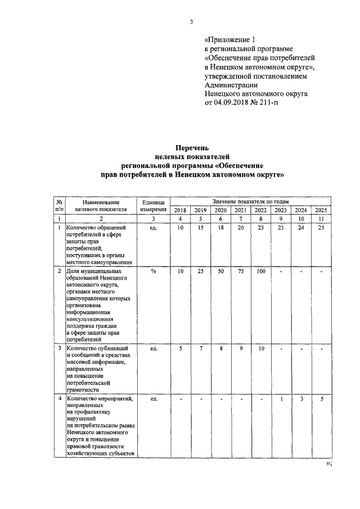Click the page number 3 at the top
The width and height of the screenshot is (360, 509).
pos(191,22)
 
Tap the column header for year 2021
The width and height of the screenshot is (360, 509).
pos(240,210)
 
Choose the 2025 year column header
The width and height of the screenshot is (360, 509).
pos(321,210)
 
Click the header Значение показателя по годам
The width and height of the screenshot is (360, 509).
pos(250,201)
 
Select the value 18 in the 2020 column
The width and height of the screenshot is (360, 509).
pos(220,228)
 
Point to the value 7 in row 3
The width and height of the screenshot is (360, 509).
pos(200,349)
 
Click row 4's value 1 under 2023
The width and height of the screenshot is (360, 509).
pos(281,399)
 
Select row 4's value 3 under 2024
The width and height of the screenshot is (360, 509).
pos(301,399)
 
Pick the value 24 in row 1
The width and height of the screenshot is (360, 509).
pos(301,228)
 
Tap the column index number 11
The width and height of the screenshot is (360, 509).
pos(321,219)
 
